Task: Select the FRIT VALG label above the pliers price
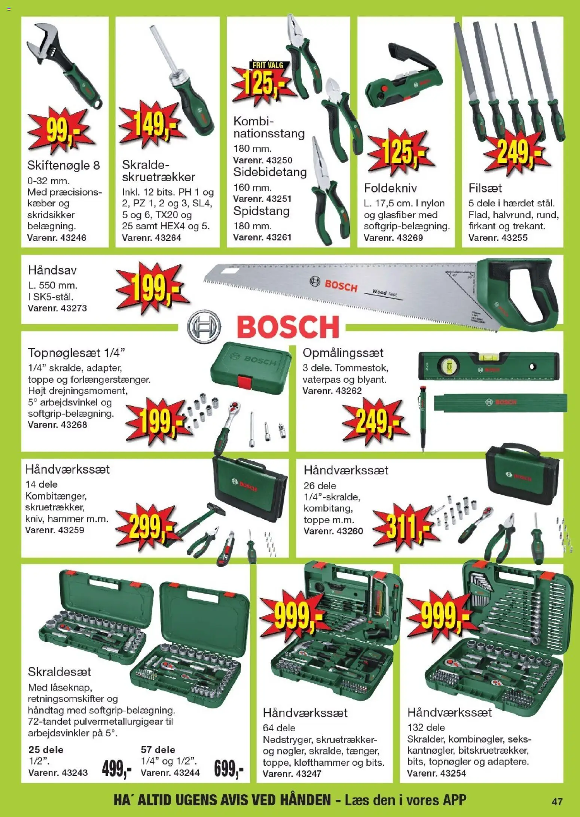(x=268, y=65)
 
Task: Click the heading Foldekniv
(x=390, y=188)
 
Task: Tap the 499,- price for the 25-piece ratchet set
(x=117, y=770)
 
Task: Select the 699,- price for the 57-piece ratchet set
(x=229, y=770)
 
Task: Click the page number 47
(x=557, y=801)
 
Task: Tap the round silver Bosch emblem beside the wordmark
(x=204, y=327)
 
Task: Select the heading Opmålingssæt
(x=343, y=353)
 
